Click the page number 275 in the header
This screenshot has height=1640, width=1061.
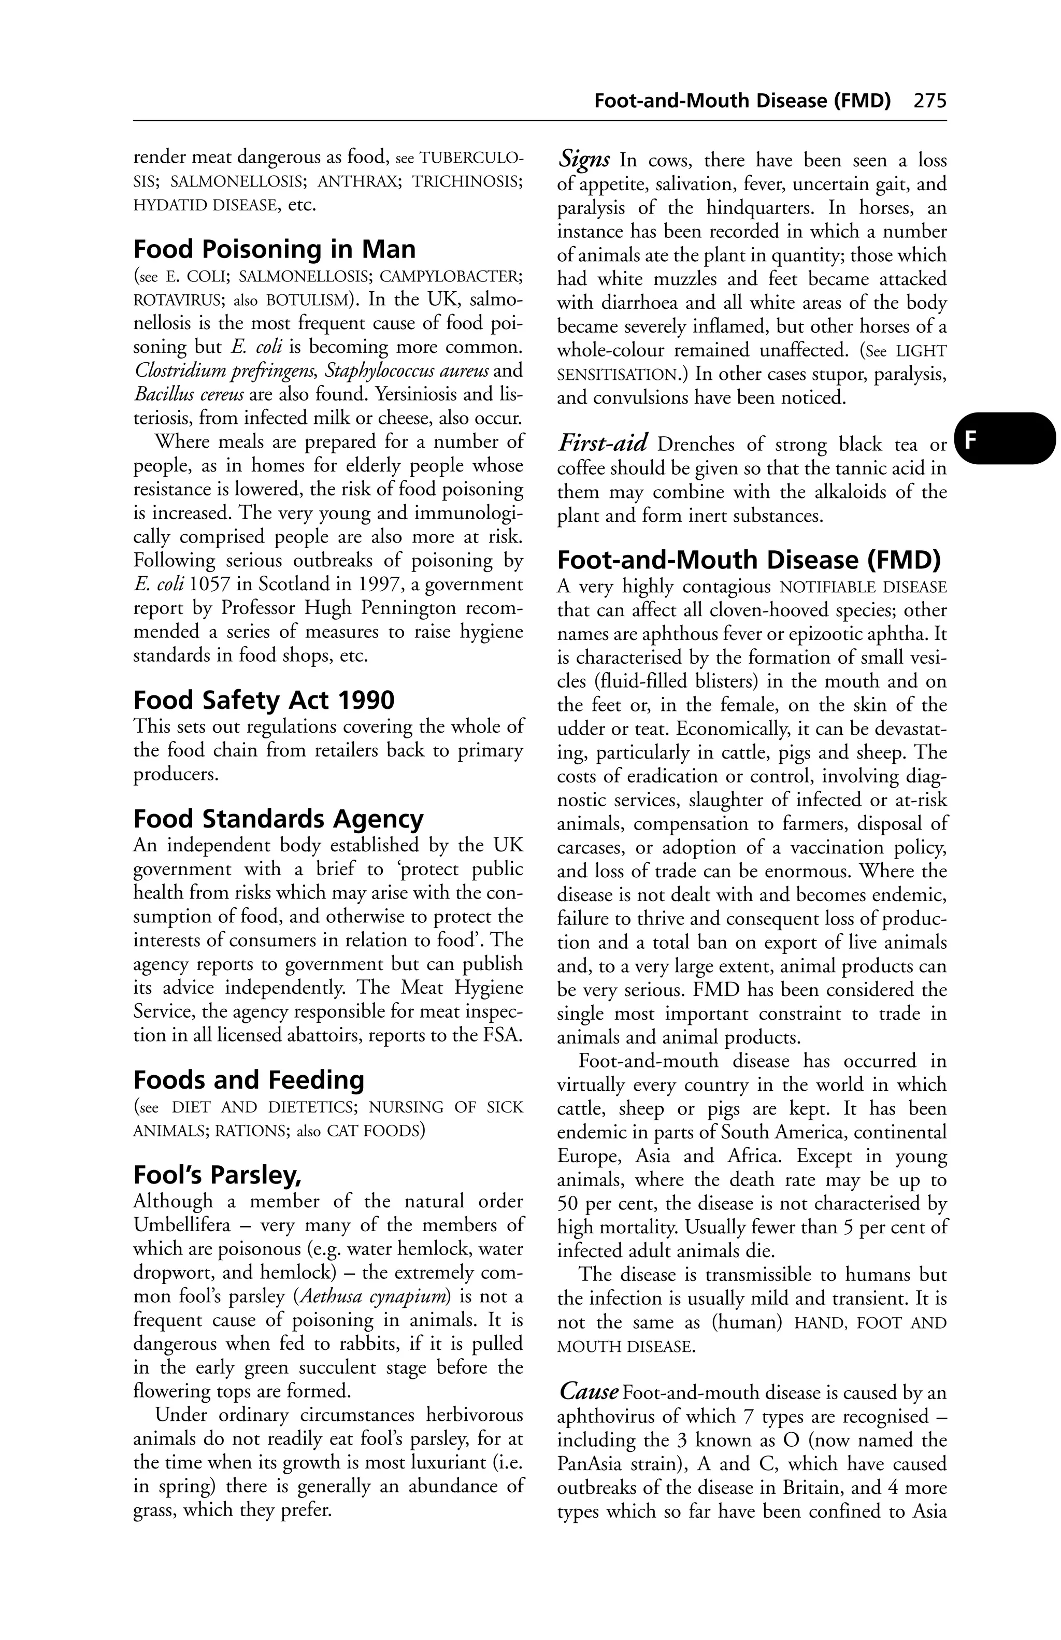[929, 101]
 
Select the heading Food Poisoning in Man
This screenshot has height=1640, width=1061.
[274, 249]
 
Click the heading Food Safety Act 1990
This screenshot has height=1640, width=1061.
[264, 700]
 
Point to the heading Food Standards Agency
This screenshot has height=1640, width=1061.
[278, 819]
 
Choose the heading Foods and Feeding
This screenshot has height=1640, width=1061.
[248, 1079]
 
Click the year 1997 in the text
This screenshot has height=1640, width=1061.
[382, 585]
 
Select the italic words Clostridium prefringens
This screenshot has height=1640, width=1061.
[226, 370]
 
